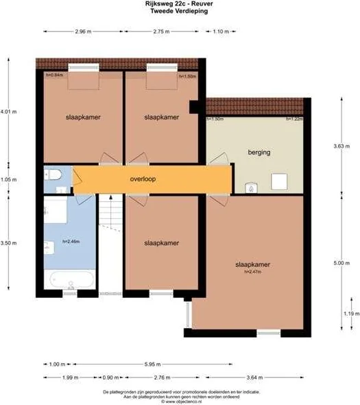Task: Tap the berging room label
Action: [258, 154]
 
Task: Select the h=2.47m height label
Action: [252, 272]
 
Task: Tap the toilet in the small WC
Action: [55, 174]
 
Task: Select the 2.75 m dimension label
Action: [162, 32]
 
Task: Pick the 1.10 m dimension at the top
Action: [221, 32]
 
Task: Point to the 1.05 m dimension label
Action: [8, 180]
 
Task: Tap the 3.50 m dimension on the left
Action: [8, 242]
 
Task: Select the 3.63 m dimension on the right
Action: [350, 145]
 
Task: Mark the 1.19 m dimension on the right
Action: [350, 314]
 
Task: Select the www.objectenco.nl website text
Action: [181, 402]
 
